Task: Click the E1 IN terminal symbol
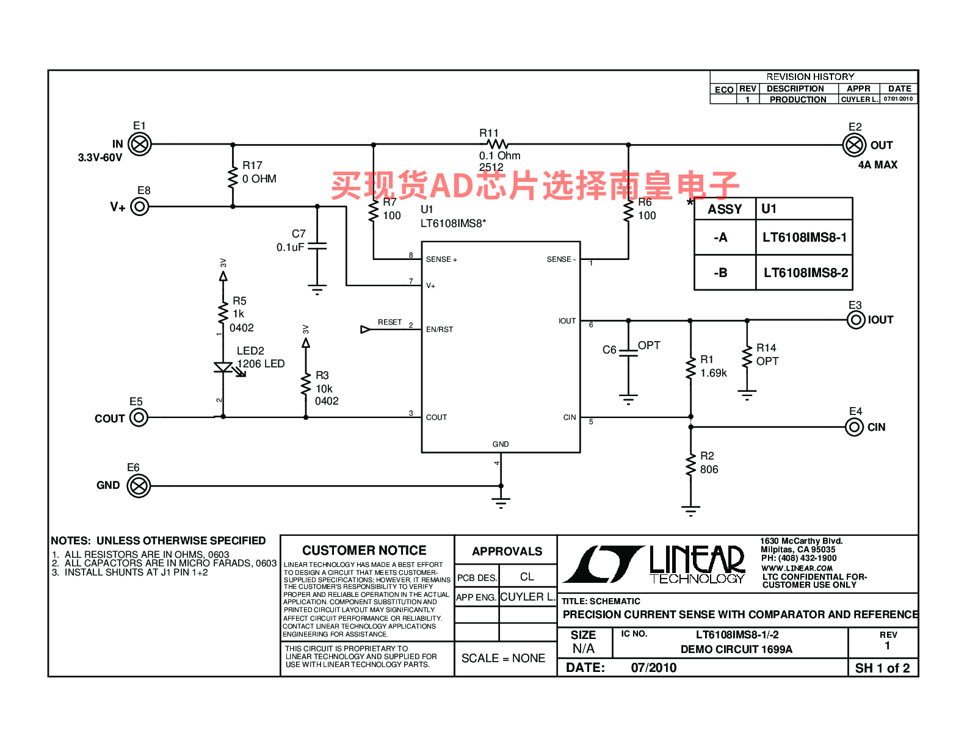(x=139, y=145)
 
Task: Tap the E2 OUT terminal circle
(x=853, y=145)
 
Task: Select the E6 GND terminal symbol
(x=139, y=486)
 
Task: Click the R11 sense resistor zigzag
(x=497, y=144)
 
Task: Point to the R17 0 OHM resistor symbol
(x=233, y=178)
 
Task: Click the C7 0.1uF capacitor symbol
(x=317, y=246)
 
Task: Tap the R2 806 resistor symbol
(x=690, y=465)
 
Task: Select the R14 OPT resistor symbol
(x=747, y=357)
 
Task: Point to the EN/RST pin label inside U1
(x=439, y=329)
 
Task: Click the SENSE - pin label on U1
(x=560, y=259)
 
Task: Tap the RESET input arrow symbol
(x=365, y=329)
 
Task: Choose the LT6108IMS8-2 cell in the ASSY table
(x=805, y=272)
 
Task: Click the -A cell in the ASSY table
(x=725, y=237)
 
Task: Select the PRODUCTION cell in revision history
(x=797, y=99)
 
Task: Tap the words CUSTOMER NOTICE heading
(x=364, y=550)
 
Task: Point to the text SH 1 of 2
(x=882, y=668)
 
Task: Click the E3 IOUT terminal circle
(x=855, y=320)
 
